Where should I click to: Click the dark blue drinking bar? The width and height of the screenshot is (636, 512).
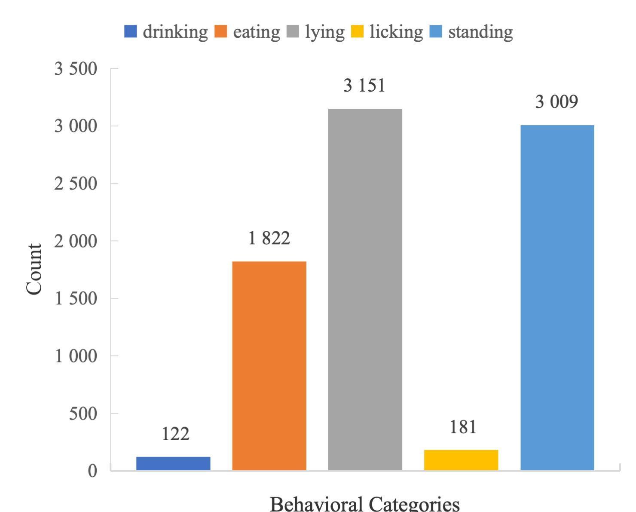(x=173, y=463)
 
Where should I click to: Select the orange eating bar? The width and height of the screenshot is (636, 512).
(x=269, y=365)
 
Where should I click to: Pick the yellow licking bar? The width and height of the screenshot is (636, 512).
(x=461, y=460)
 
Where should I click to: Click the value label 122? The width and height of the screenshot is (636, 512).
(x=175, y=434)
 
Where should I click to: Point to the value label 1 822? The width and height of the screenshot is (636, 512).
(x=269, y=238)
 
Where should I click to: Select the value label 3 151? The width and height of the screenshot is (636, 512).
(x=364, y=86)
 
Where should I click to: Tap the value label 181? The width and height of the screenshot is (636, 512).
(x=463, y=427)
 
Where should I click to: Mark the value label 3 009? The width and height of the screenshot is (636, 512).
(x=557, y=102)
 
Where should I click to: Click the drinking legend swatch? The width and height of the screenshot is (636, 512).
(x=131, y=31)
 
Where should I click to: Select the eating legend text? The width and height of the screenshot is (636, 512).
(x=256, y=32)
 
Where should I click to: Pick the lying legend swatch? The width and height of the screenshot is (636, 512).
(x=293, y=31)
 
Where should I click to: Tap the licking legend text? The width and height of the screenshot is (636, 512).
(x=396, y=32)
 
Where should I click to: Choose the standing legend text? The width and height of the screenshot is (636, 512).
(x=480, y=32)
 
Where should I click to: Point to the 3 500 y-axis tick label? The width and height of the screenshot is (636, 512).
(x=76, y=69)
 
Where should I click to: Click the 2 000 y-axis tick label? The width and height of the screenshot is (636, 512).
(x=76, y=241)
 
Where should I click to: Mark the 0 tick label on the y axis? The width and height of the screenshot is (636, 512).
(x=93, y=471)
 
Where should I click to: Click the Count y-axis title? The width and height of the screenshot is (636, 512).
(x=34, y=270)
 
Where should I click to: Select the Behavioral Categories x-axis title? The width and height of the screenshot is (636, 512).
(x=364, y=503)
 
